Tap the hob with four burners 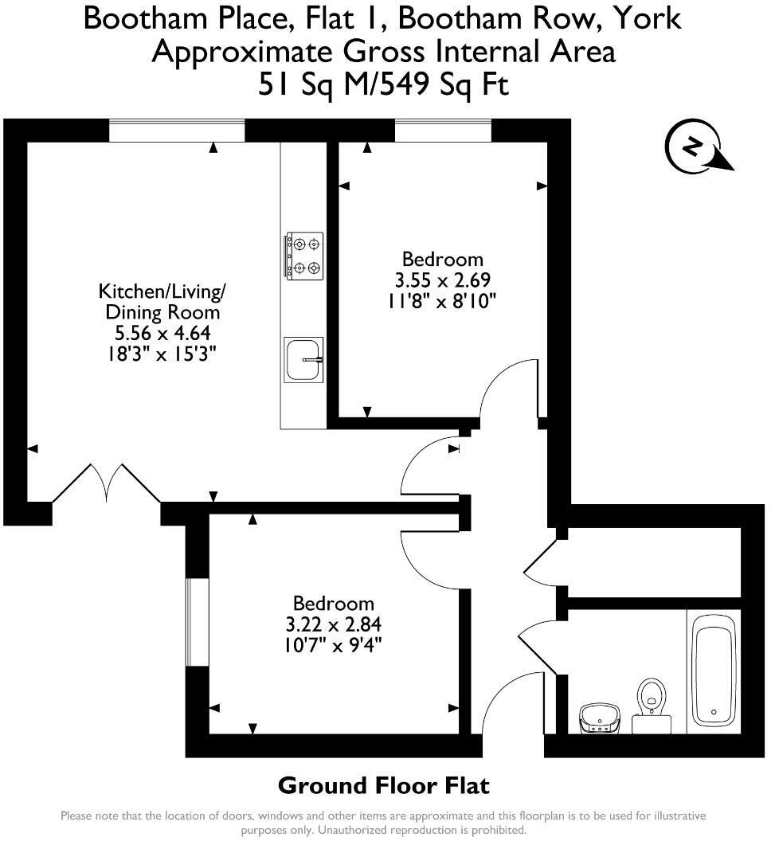click(304, 256)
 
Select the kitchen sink click(303, 359)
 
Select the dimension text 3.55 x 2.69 click(442, 280)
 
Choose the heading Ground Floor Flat click(383, 786)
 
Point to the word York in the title click(649, 17)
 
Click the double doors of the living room click(107, 483)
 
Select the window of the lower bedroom click(197, 620)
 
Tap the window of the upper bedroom click(443, 131)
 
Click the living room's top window click(176, 131)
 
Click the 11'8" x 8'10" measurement click(442, 300)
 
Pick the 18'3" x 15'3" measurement click(159, 353)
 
